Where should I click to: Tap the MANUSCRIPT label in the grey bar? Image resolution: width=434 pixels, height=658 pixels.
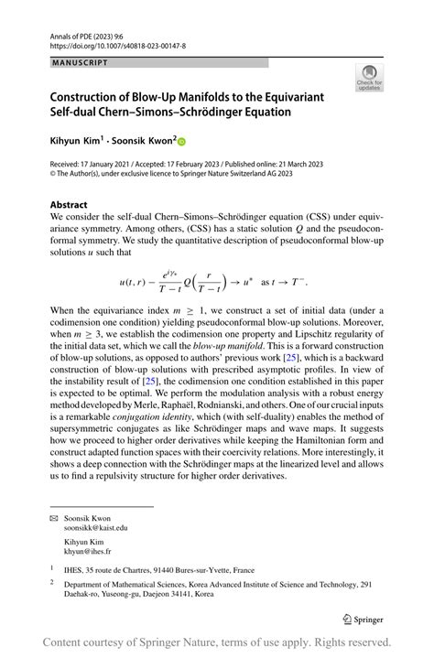coord(80,62)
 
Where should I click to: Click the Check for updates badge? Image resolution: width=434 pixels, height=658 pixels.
coord(370,79)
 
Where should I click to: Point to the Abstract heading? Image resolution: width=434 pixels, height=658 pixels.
coord(70,205)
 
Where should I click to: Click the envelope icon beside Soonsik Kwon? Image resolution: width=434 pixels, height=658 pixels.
coord(54,518)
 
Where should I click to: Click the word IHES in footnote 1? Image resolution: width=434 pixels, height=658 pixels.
coord(81,569)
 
